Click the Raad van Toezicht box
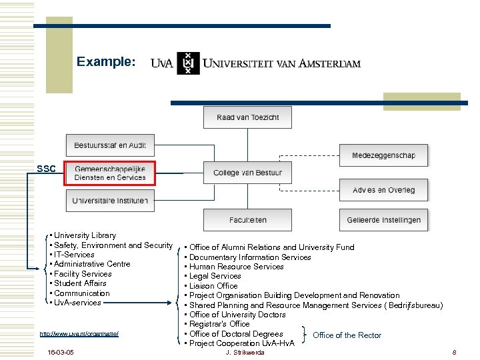(248, 118)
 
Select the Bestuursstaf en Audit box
(110, 145)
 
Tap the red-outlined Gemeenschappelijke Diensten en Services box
(110, 173)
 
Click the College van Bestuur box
(248, 173)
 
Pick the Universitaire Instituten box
(110, 200)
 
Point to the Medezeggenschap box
(383, 155)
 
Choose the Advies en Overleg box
(383, 190)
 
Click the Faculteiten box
(248, 219)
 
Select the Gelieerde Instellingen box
(383, 219)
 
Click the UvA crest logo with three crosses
(188, 63)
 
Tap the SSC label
(47, 169)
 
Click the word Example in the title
(106, 62)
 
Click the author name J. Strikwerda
(245, 352)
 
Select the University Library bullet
(85, 235)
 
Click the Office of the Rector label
(347, 335)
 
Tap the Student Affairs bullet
(80, 283)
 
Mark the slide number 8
(453, 352)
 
